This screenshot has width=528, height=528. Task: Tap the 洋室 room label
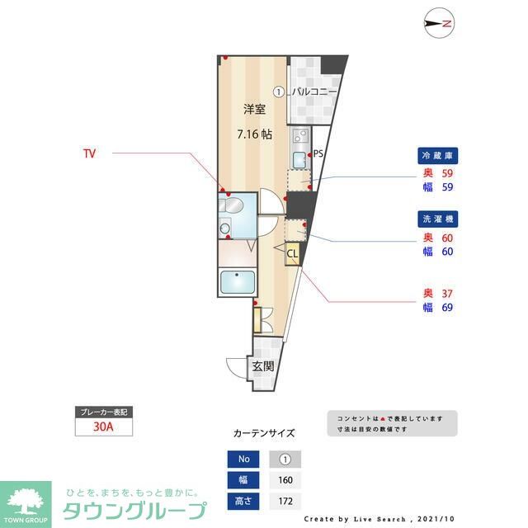coord(254,109)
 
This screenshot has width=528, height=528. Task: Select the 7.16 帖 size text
coord(253,134)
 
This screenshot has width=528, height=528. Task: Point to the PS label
coord(318,153)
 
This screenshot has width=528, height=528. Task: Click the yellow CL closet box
coord(291,254)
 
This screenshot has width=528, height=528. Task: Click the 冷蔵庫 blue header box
coord(436,156)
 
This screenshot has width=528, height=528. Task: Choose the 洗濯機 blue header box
coord(436,219)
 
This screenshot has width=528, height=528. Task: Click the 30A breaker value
coord(102,427)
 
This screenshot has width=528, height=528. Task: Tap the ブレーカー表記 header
coord(102,412)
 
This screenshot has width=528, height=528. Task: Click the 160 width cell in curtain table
coord(285,480)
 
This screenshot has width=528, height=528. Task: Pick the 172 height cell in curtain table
coord(285,501)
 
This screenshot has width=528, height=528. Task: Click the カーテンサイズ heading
coord(263,432)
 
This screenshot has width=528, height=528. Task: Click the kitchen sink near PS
coord(299,158)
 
